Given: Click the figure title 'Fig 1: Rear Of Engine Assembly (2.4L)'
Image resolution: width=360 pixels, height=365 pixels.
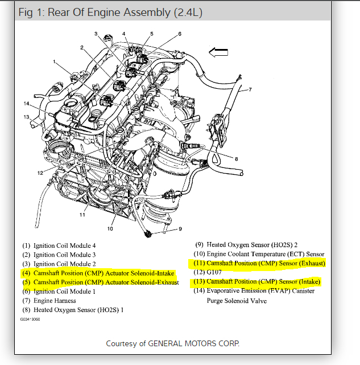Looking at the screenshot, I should pyautogui.click(x=110, y=13).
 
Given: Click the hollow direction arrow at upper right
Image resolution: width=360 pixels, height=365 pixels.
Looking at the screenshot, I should pyautogui.click(x=218, y=52).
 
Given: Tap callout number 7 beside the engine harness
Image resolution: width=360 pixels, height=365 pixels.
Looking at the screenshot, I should pyautogui.click(x=250, y=89).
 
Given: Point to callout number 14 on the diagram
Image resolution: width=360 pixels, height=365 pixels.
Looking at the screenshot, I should pyautogui.click(x=26, y=103).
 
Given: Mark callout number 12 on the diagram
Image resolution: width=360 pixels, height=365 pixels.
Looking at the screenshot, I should pyautogui.click(x=40, y=173).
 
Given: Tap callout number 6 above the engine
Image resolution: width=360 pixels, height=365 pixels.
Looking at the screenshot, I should pyautogui.click(x=180, y=34).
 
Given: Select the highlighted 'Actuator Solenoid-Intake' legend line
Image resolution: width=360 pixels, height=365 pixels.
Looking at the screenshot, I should pyautogui.click(x=98, y=273).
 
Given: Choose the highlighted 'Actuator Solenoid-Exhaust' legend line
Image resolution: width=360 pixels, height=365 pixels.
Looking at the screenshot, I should pyautogui.click(x=100, y=282).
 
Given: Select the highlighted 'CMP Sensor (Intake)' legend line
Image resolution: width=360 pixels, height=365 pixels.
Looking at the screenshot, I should pyautogui.click(x=256, y=282).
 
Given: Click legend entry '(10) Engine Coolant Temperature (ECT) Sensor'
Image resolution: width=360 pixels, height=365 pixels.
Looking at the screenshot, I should pyautogui.click(x=258, y=254).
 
